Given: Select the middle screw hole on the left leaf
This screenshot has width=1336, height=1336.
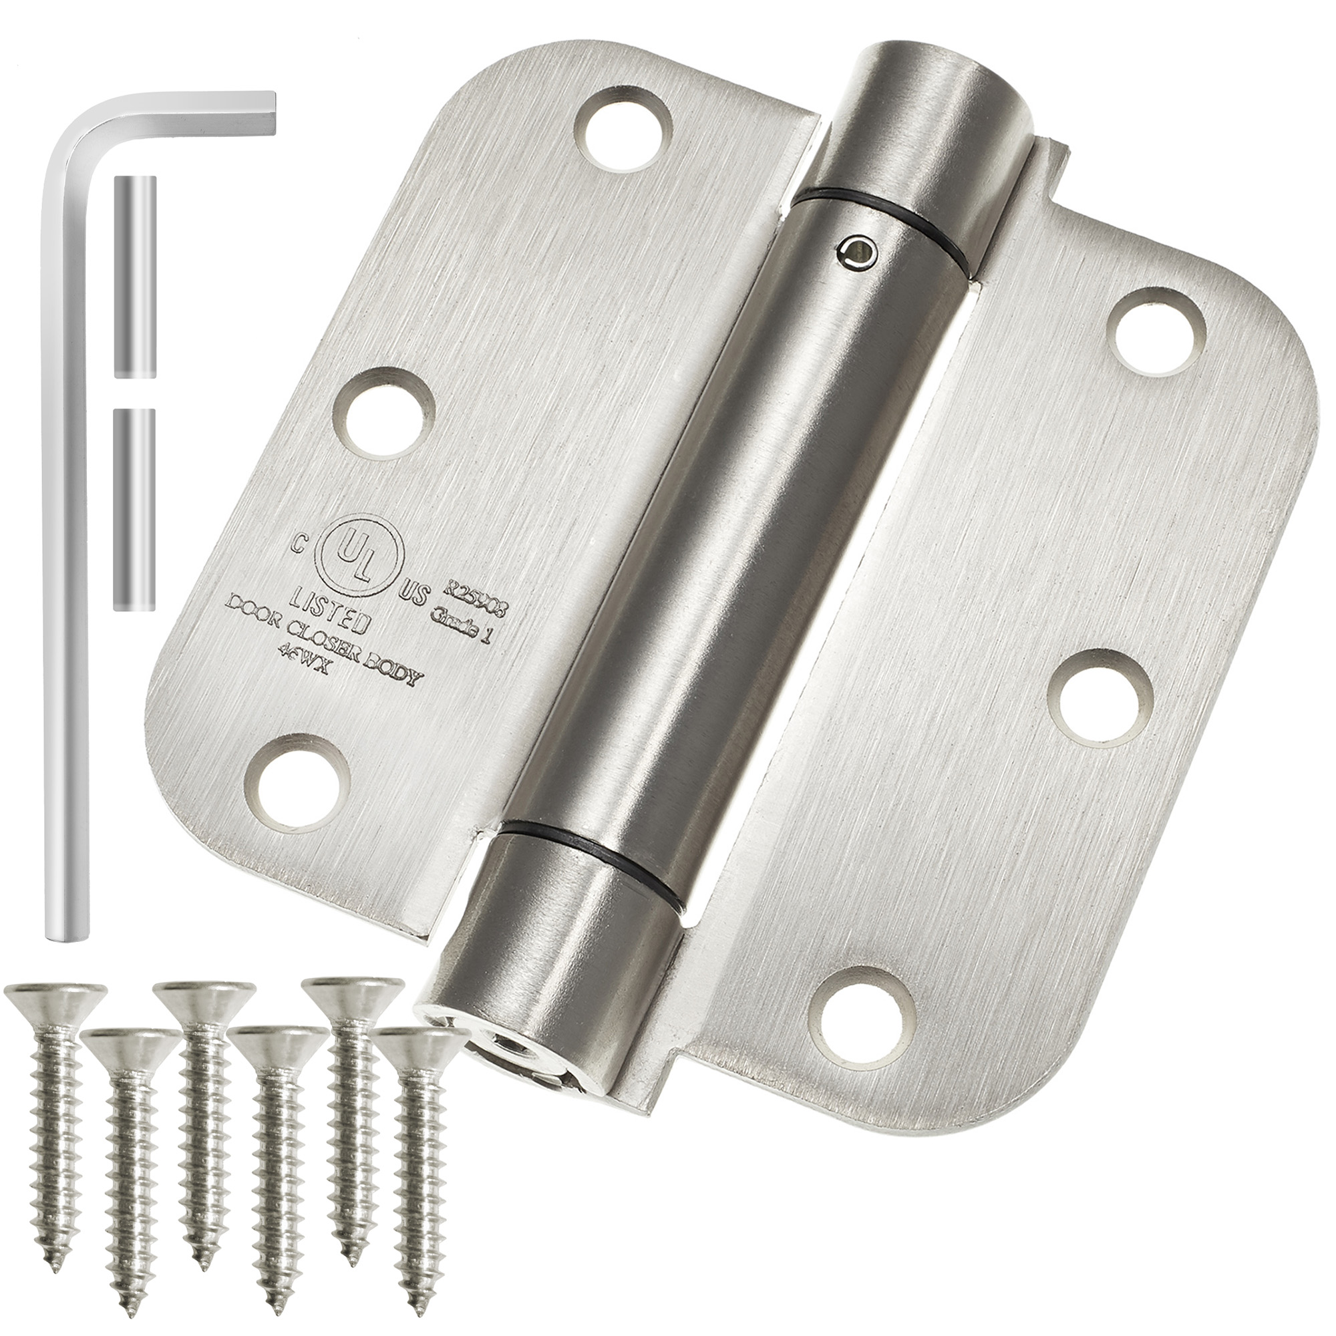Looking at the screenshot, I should tap(386, 414).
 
